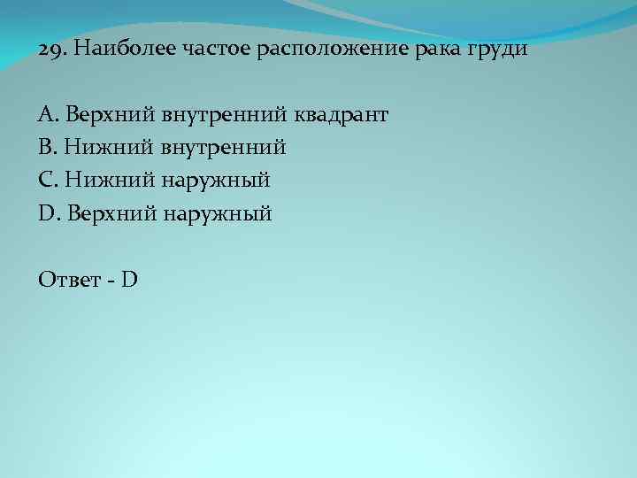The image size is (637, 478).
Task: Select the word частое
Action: tap(218, 49)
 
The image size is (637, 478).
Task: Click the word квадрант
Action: tap(342, 114)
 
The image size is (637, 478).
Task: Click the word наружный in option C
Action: tap(215, 181)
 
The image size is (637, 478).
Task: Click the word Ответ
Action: tap(72, 280)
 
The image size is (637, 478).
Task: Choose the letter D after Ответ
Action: tap(130, 280)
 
